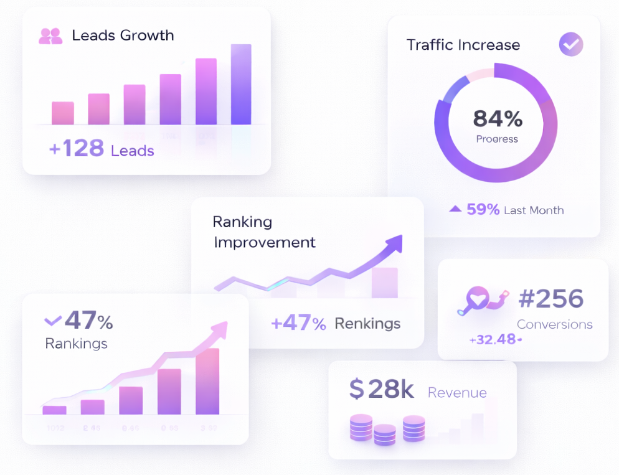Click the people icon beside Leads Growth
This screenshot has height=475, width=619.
(x=50, y=36)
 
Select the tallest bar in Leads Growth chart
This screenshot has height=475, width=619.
(x=241, y=85)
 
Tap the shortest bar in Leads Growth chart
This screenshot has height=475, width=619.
(x=63, y=113)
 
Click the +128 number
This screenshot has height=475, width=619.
(x=76, y=149)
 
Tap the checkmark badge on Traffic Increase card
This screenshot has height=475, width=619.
(x=570, y=45)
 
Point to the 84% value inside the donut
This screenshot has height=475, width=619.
(x=497, y=118)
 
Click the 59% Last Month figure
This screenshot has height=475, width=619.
(x=483, y=210)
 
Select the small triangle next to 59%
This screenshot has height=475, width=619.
(x=455, y=209)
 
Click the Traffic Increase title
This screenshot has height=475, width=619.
(x=463, y=45)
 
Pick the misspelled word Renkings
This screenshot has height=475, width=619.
(x=367, y=324)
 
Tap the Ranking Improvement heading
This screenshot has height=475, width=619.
(x=264, y=232)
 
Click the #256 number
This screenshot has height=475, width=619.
(x=550, y=299)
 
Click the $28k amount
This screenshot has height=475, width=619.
(x=381, y=389)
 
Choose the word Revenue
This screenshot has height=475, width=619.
(x=456, y=393)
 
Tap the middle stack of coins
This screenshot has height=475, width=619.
(x=384, y=434)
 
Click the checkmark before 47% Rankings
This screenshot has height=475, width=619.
(x=53, y=321)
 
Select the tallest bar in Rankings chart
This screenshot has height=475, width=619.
(x=207, y=382)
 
